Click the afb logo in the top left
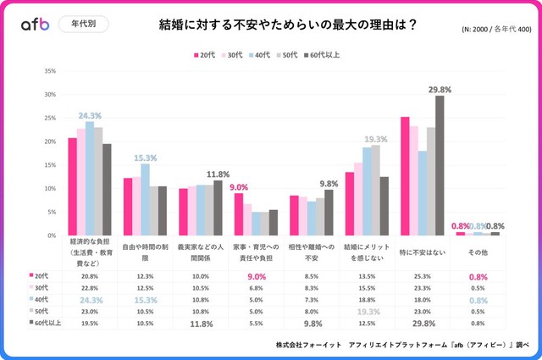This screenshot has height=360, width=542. pyautogui.click(x=34, y=25)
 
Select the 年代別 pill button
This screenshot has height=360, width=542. pyautogui.click(x=84, y=25)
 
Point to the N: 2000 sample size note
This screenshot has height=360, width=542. pyautogui.click(x=495, y=29)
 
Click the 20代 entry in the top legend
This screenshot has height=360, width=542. pyautogui.click(x=203, y=54)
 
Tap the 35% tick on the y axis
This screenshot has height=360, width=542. pyautogui.click(x=50, y=71)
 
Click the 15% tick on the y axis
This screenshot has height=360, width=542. pyautogui.click(x=50, y=165)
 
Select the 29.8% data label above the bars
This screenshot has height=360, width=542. pyautogui.click(x=440, y=89)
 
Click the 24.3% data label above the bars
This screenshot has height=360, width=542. pyautogui.click(x=90, y=115)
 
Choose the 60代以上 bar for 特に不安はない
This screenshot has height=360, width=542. pyautogui.click(x=440, y=165)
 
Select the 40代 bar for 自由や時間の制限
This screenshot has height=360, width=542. pyautogui.click(x=145, y=199)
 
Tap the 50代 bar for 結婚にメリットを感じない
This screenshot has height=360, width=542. pyautogui.click(x=376, y=190)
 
